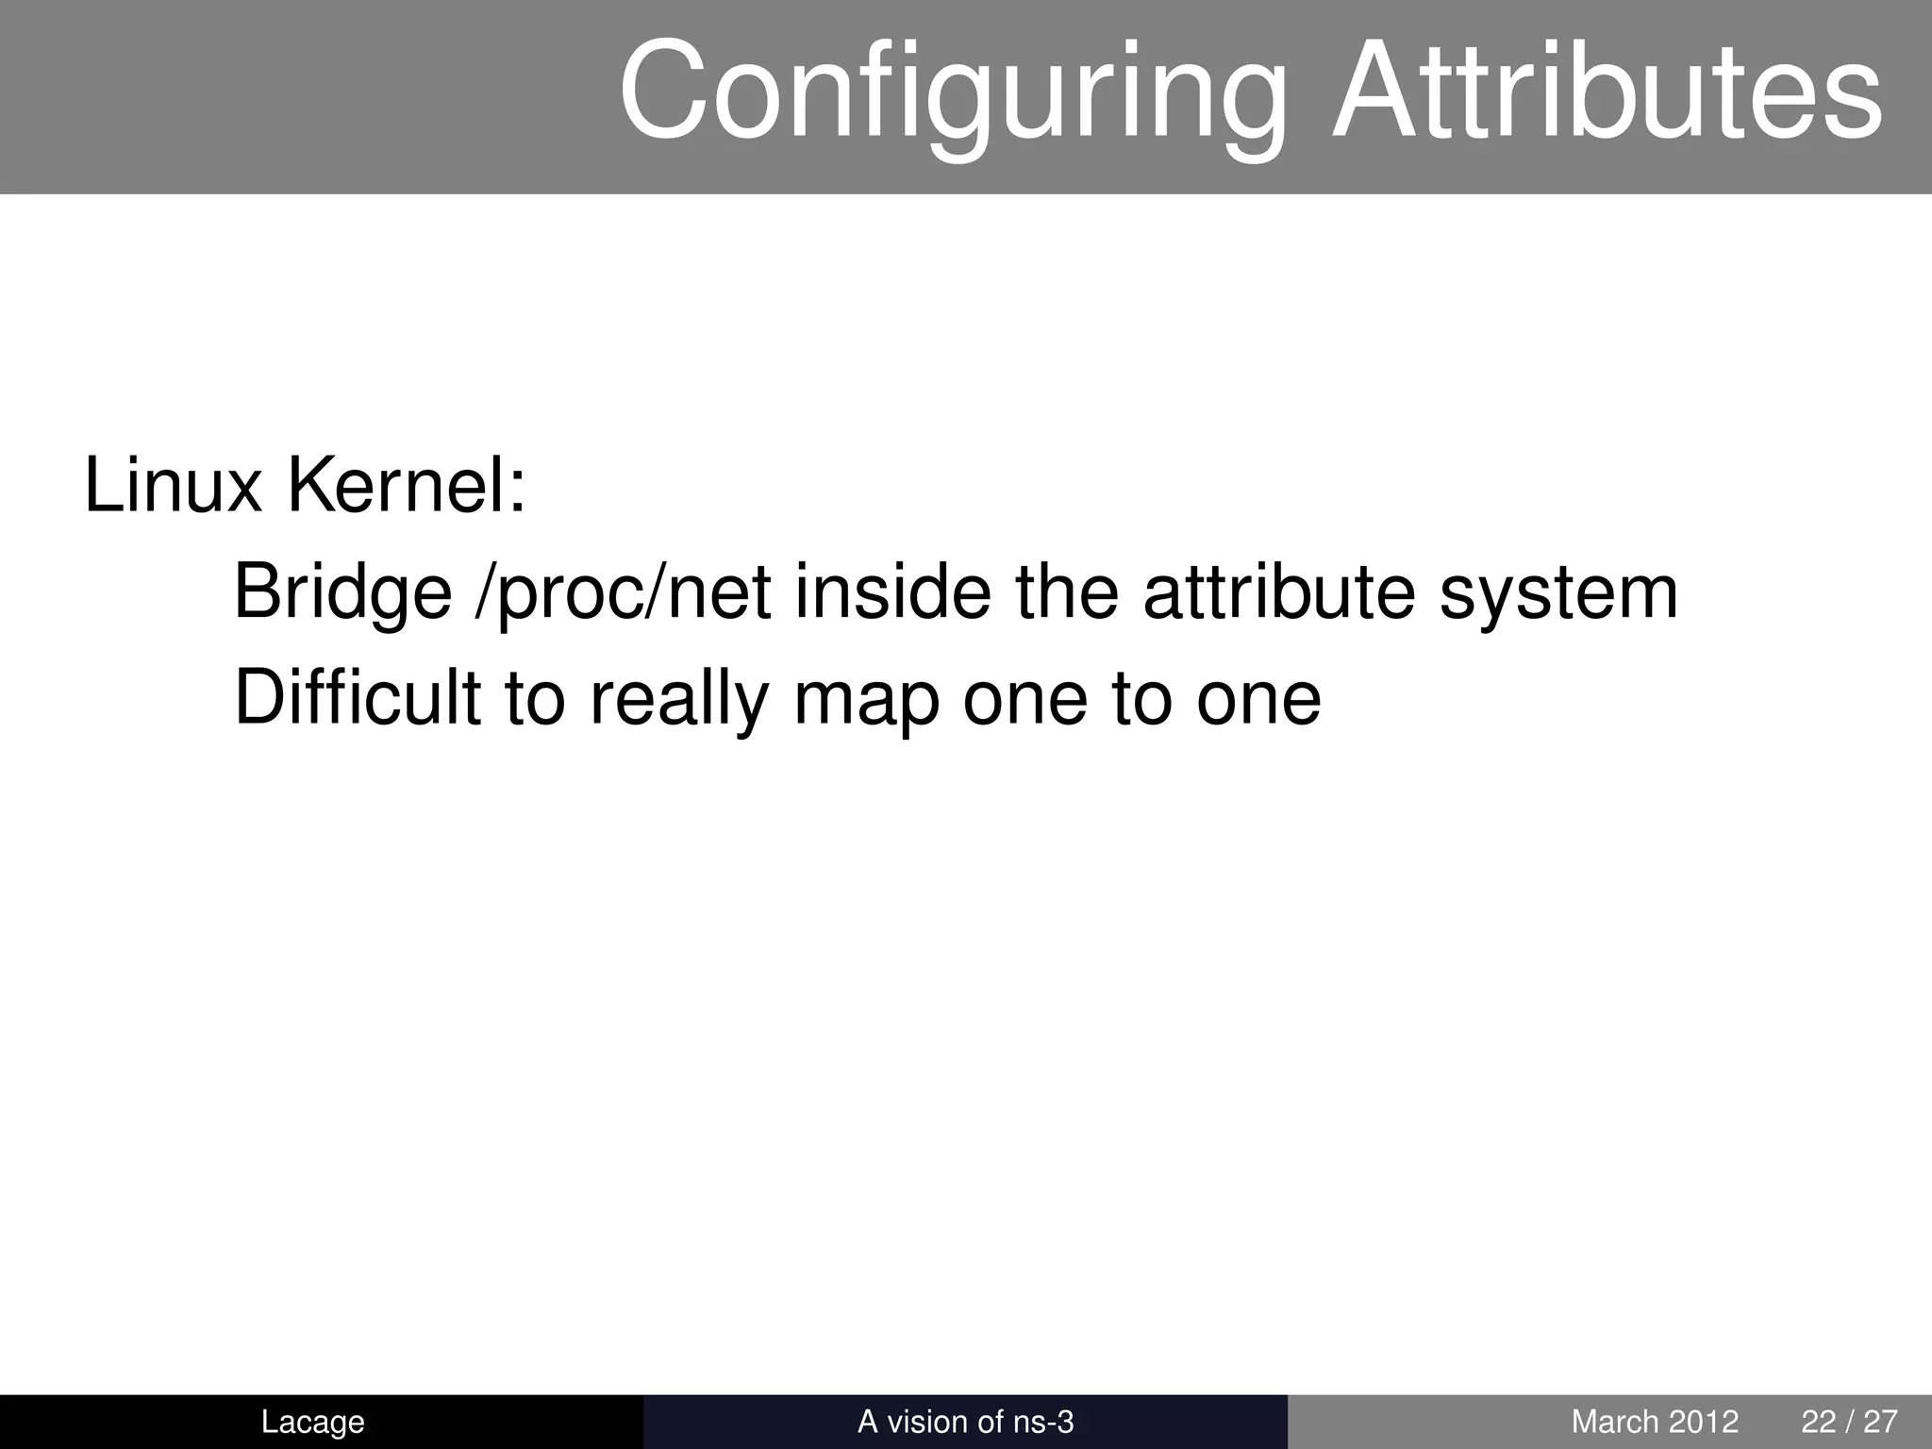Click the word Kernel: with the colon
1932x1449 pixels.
tap(406, 486)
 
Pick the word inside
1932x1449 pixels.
tap(892, 592)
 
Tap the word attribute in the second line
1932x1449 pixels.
tap(1279, 592)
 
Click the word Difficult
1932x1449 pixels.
tap(358, 698)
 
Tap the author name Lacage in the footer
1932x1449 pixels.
tap(312, 1422)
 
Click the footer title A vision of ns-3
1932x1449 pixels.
tap(965, 1422)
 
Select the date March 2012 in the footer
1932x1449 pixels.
tap(1655, 1422)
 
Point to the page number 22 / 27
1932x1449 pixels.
tap(1849, 1422)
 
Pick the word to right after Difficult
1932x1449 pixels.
tap(535, 699)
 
